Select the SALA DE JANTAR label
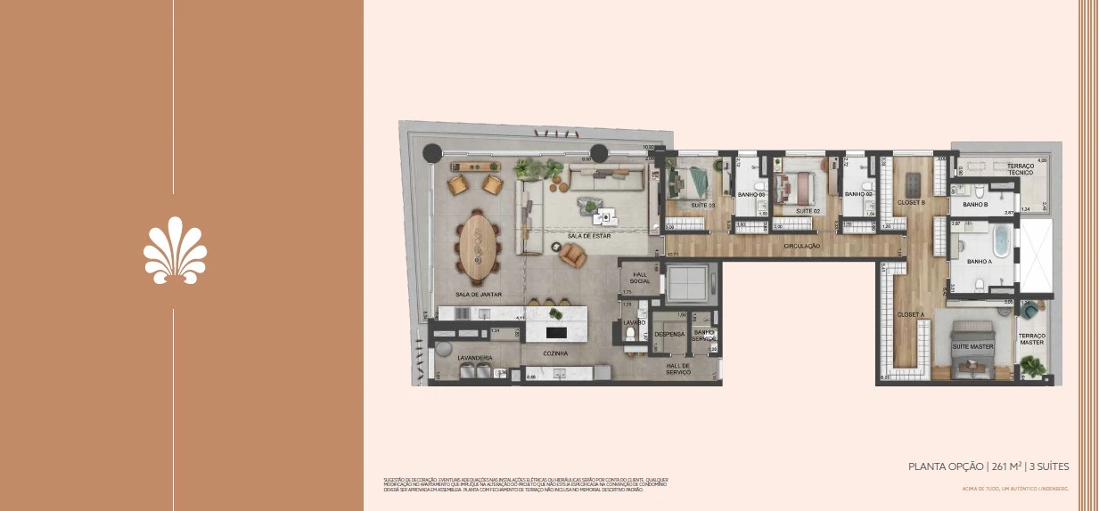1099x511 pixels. pyautogui.click(x=479, y=294)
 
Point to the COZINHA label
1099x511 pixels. pyautogui.click(x=557, y=353)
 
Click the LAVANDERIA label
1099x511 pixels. pyautogui.click(x=475, y=358)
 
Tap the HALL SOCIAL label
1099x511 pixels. pyautogui.click(x=640, y=278)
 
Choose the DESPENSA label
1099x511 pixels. pyautogui.click(x=669, y=335)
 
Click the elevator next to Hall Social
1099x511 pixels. pyautogui.click(x=685, y=282)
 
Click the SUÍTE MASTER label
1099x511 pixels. pyautogui.click(x=972, y=345)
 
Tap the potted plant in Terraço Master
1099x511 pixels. pyautogui.click(x=1034, y=365)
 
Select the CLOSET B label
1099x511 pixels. pyautogui.click(x=910, y=202)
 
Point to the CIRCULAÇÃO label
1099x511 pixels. pyautogui.click(x=801, y=245)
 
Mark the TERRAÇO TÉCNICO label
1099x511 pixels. pyautogui.click(x=1021, y=169)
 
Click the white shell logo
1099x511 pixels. pyautogui.click(x=175, y=254)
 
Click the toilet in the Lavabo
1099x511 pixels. pyautogui.click(x=631, y=335)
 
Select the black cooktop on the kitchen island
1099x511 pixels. pyautogui.click(x=554, y=332)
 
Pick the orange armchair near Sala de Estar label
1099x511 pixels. pyautogui.click(x=573, y=256)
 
